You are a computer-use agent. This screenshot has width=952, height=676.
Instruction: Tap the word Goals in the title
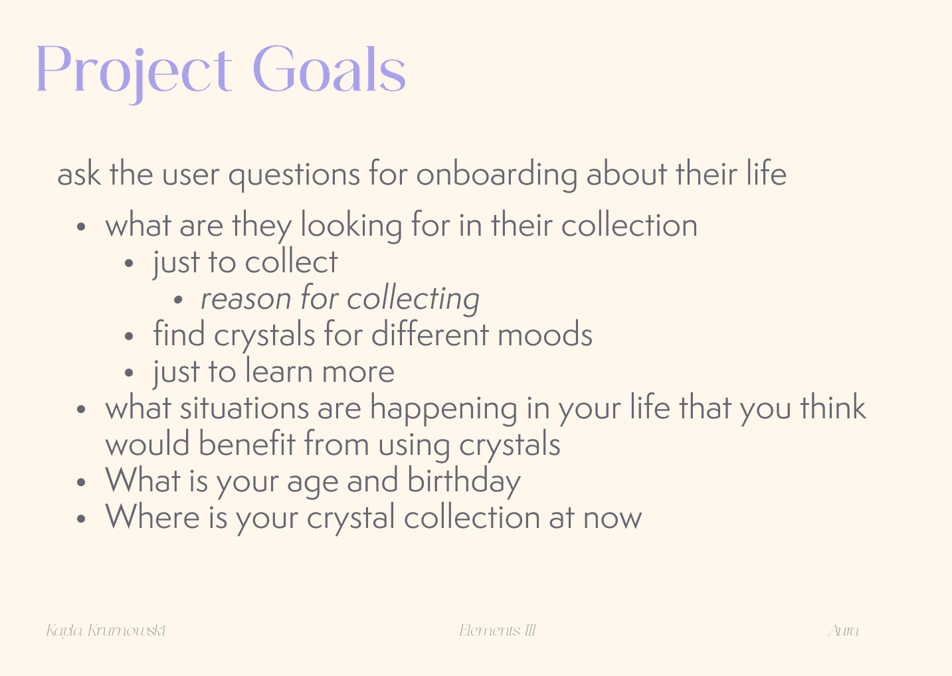point(330,68)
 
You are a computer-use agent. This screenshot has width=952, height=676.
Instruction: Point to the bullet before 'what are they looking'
point(81,226)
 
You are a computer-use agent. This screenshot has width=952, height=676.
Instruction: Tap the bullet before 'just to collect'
point(129,263)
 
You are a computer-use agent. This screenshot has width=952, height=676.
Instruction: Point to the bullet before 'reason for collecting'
point(178,300)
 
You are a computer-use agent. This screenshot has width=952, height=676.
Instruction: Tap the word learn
point(279,371)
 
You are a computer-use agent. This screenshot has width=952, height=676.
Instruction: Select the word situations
point(244,408)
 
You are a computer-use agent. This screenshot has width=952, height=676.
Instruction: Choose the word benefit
point(247,444)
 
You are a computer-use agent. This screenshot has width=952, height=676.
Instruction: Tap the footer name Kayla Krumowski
point(106,631)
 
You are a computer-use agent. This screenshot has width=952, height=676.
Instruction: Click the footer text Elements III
point(498,630)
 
